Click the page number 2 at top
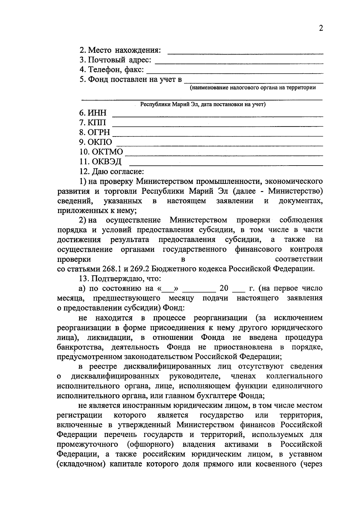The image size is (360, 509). click(x=321, y=28)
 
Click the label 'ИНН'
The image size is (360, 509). click(x=97, y=113)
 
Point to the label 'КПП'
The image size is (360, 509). click(x=97, y=123)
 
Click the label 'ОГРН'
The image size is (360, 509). click(x=99, y=132)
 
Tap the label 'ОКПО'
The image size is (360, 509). click(x=100, y=142)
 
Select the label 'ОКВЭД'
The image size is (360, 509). click(x=106, y=162)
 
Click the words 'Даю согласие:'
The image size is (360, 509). click(x=118, y=172)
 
